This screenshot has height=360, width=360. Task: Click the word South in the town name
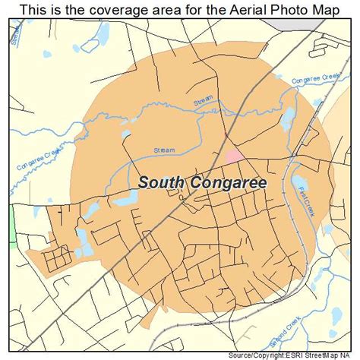tap(162, 182)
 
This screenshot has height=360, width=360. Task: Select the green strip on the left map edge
tap(12, 226)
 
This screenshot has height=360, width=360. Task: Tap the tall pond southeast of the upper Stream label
tap(288, 118)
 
